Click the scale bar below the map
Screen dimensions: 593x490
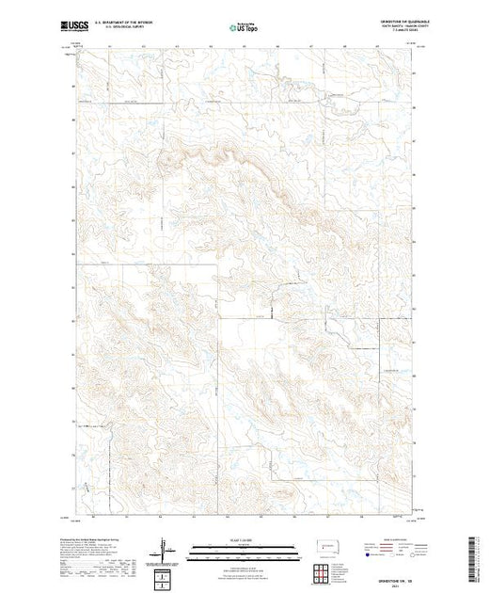coord(231,548)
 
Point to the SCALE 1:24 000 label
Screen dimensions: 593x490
coord(231,540)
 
